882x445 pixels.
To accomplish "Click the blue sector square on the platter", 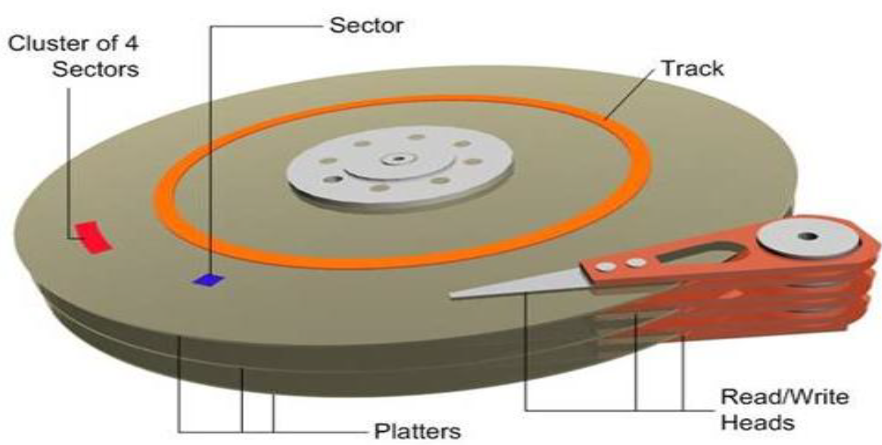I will pyautogui.click(x=208, y=280).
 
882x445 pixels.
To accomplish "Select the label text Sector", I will pyautogui.click(x=367, y=24).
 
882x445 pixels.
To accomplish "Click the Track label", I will pyautogui.click(x=692, y=67).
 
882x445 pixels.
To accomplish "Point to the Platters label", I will pyautogui.click(x=418, y=429).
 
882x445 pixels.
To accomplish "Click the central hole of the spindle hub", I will pyautogui.click(x=399, y=158).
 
